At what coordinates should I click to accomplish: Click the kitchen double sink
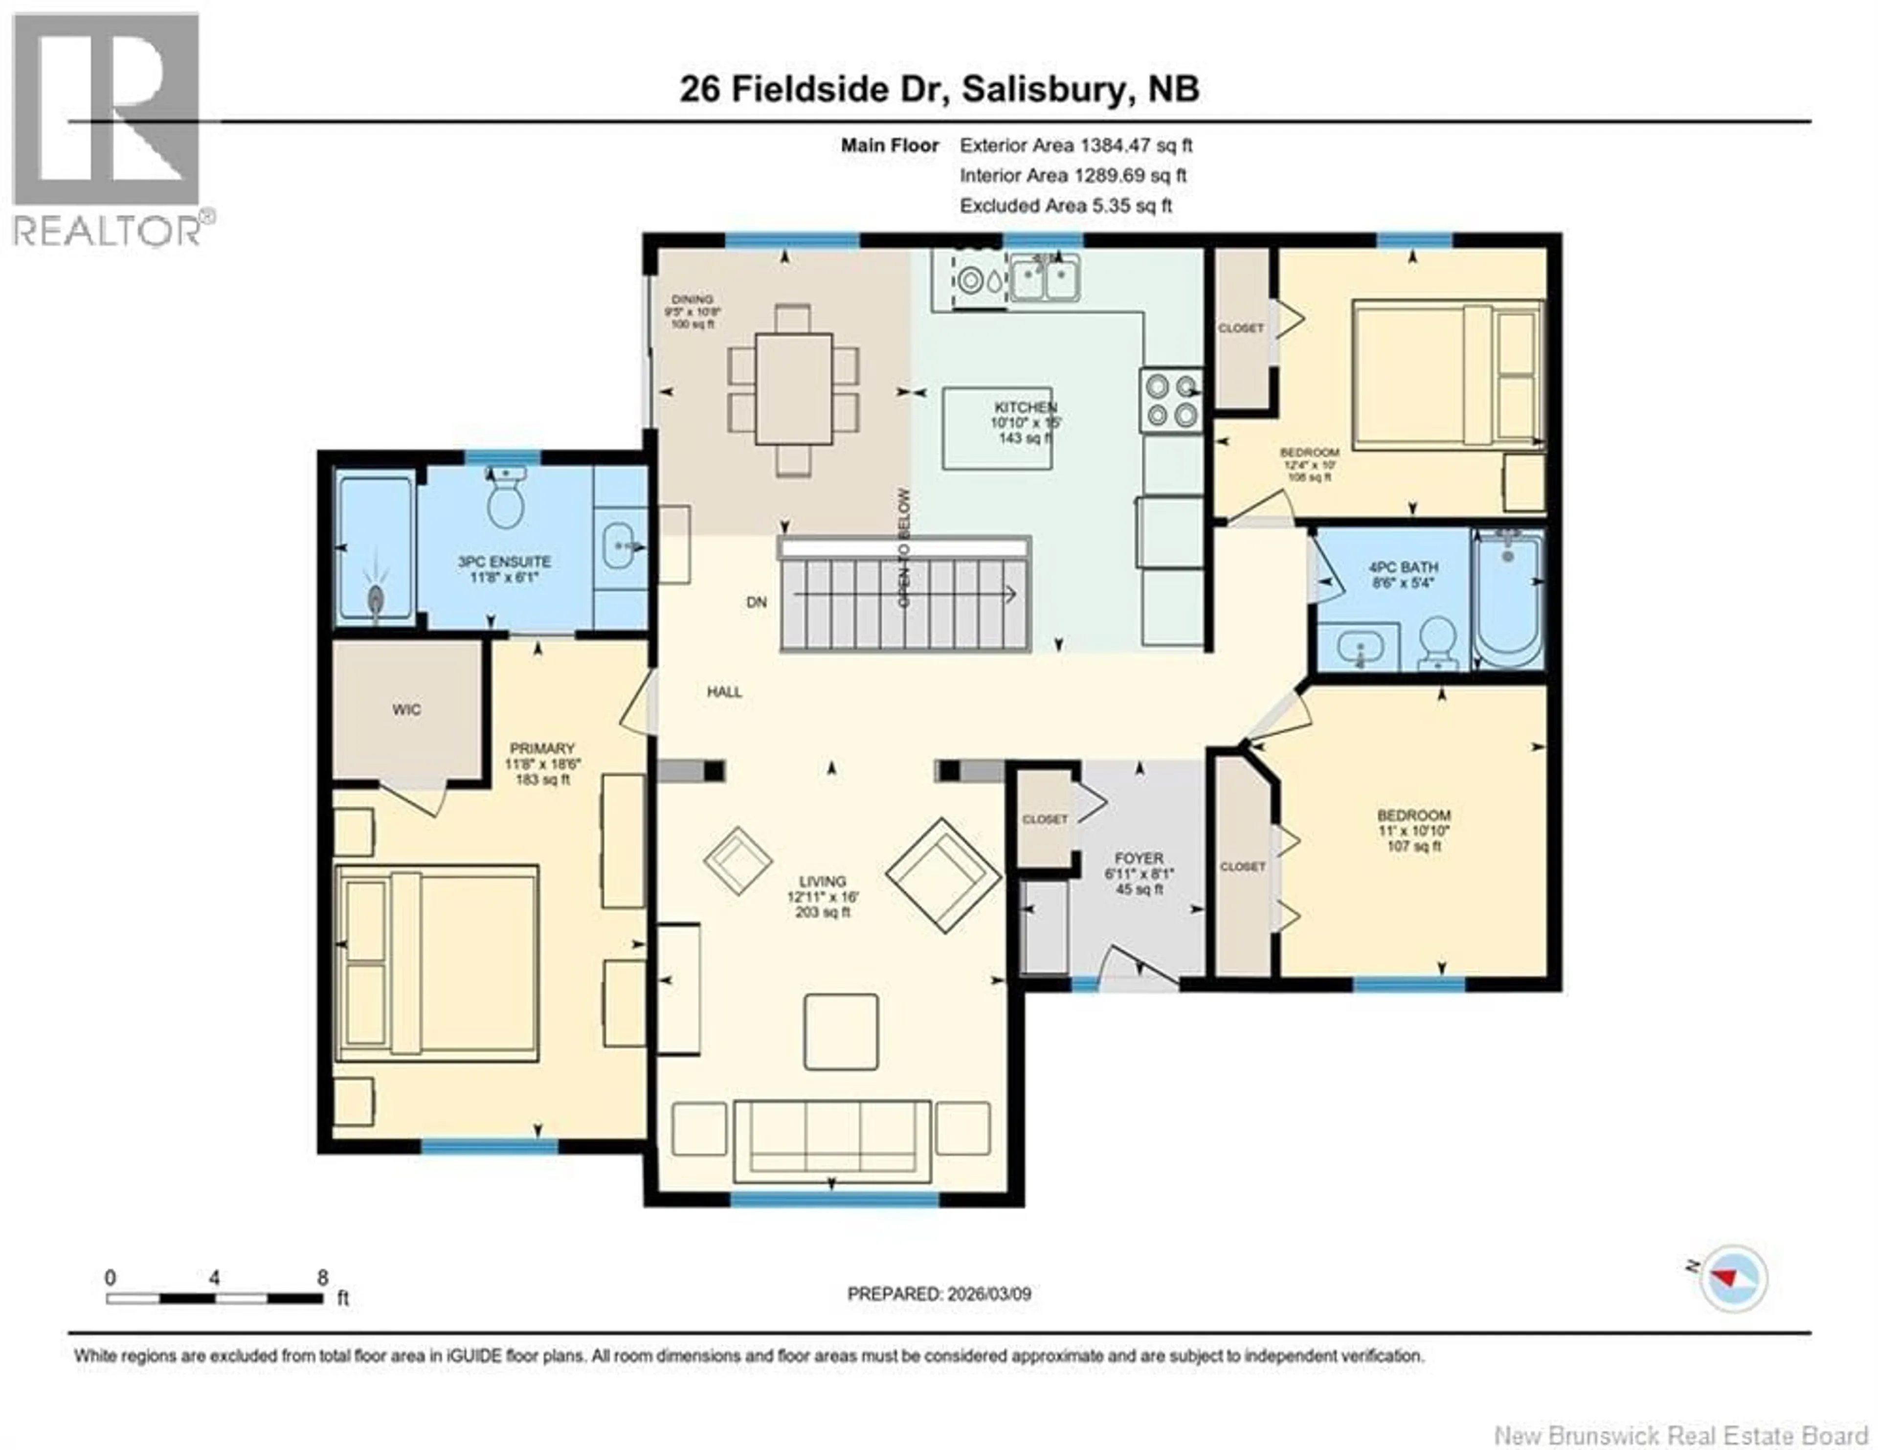click(x=1045, y=278)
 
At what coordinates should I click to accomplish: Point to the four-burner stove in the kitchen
click(x=1171, y=400)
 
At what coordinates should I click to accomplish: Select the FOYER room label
click(x=1139, y=858)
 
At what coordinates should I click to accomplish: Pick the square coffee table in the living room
click(x=841, y=1031)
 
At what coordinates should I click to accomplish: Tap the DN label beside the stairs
click(x=756, y=602)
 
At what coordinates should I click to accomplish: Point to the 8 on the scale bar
click(x=322, y=1277)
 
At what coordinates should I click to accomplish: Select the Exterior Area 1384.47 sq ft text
click(x=1076, y=145)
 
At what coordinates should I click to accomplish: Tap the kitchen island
click(x=998, y=428)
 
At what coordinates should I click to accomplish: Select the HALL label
click(x=724, y=691)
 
